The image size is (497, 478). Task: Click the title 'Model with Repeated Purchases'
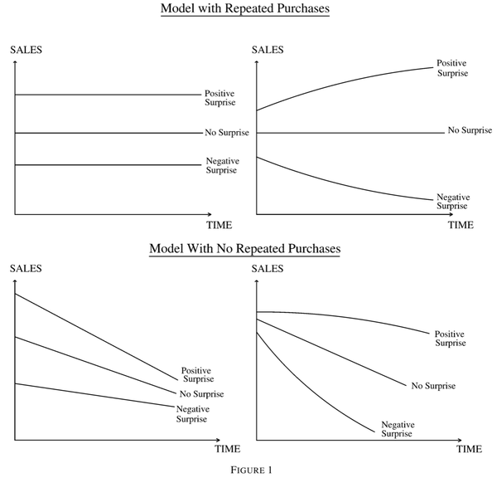pyautogui.click(x=245, y=8)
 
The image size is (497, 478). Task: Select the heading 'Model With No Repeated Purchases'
pyautogui.click(x=244, y=249)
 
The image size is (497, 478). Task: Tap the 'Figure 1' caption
pyautogui.click(x=251, y=470)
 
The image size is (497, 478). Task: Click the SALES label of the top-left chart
pyautogui.click(x=26, y=50)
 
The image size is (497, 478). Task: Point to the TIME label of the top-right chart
pyautogui.click(x=461, y=225)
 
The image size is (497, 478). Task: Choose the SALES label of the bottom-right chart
pyautogui.click(x=268, y=269)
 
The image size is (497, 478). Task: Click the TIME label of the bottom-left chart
pyautogui.click(x=228, y=449)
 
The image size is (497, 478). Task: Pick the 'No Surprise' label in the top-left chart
pyautogui.click(x=227, y=133)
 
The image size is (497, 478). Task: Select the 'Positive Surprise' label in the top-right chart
pyautogui.click(x=452, y=68)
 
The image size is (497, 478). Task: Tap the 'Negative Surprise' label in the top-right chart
pyautogui.click(x=453, y=202)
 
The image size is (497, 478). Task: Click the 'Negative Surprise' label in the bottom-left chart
pyautogui.click(x=193, y=414)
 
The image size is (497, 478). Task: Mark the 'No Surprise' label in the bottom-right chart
pyautogui.click(x=433, y=386)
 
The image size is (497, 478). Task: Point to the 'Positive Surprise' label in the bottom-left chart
pyautogui.click(x=197, y=375)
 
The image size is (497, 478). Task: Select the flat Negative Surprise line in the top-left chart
pyautogui.click(x=108, y=165)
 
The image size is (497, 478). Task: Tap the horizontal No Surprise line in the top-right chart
pyautogui.click(x=350, y=133)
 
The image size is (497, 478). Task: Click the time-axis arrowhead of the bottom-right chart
pyautogui.click(x=460, y=440)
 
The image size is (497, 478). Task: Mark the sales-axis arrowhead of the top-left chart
pyautogui.click(x=15, y=62)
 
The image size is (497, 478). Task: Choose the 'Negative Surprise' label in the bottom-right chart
pyautogui.click(x=398, y=429)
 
